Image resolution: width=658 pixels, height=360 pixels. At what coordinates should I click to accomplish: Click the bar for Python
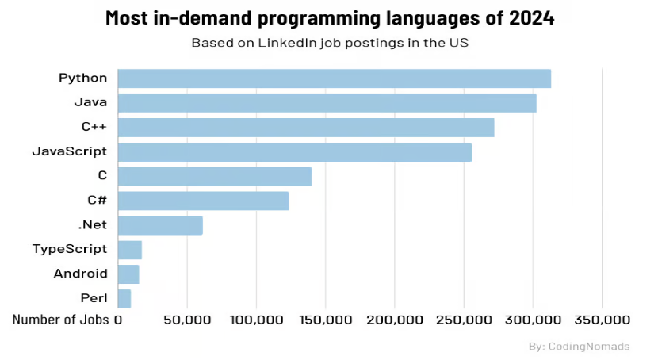tap(334, 79)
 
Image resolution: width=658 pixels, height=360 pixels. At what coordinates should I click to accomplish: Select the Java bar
tap(327, 103)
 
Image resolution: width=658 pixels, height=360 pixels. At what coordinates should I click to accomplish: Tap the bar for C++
tap(306, 128)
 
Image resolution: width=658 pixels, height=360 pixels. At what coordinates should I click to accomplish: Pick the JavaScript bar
tap(294, 152)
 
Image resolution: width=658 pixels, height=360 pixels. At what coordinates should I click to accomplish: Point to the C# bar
tap(203, 201)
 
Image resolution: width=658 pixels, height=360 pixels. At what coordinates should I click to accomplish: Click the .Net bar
tap(160, 225)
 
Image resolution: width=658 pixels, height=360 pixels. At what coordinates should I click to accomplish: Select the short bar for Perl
tap(124, 299)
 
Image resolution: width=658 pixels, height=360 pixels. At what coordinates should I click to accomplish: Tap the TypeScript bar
tap(130, 250)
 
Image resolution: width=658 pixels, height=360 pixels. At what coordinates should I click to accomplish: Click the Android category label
tap(80, 274)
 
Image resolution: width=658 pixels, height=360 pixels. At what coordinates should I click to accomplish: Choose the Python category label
tap(82, 78)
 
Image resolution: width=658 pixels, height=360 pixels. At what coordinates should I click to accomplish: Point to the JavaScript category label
tap(69, 151)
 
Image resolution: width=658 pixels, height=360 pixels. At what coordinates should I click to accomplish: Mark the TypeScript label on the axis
tap(69, 249)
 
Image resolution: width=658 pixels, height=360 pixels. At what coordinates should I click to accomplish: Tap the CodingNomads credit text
tap(588, 347)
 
